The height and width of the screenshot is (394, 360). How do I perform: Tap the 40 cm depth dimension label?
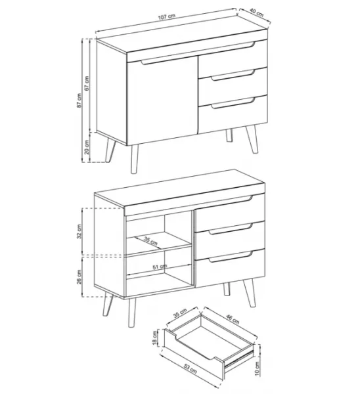pos(257,12)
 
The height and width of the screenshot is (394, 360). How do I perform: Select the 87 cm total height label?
pos(79,100)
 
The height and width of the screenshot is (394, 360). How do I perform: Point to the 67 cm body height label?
pos(87,83)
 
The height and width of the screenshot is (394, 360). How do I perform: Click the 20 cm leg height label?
pos(87,147)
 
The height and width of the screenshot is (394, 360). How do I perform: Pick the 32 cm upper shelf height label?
pos(79,231)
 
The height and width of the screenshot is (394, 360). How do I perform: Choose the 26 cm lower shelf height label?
pos(79,276)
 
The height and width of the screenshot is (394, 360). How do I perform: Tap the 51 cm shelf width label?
pos(160,267)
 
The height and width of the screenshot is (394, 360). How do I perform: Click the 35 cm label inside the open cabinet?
pos(150,241)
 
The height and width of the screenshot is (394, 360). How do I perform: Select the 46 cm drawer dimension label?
pos(233,318)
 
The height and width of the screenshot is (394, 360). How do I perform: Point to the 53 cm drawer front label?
pos(190,369)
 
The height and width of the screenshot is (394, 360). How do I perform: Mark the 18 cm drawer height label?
pos(154,338)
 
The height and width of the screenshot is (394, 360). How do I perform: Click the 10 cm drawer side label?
pos(257,368)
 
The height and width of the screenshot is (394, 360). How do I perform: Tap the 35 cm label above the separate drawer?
pos(180,313)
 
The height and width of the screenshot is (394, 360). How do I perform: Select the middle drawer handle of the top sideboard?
pos(233,75)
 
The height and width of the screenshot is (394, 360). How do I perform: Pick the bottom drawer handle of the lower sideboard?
pos(231,257)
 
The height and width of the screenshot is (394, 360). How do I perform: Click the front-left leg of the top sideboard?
pos(135,159)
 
